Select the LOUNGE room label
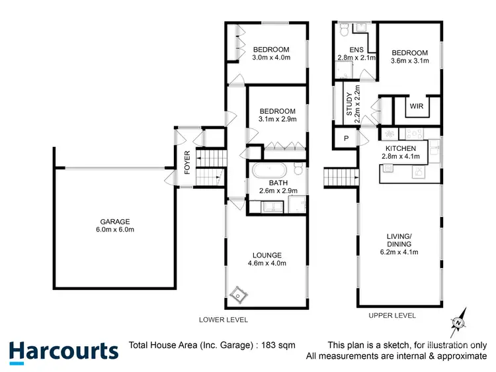[x=267, y=255]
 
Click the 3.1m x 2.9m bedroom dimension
[x=278, y=120]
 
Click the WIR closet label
[x=417, y=106]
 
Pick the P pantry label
[x=346, y=138]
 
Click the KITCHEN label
[x=401, y=148]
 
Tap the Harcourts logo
[x=63, y=351]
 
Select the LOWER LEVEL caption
[x=224, y=320]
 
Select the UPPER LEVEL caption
[x=392, y=316]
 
